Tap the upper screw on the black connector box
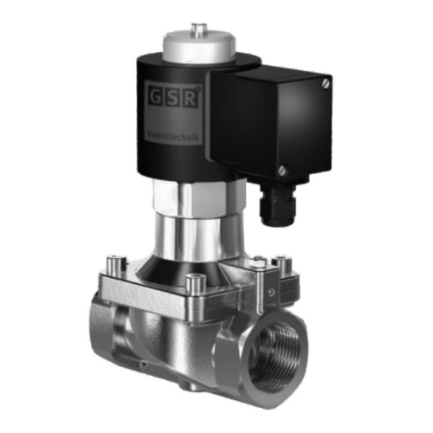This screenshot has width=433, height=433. pos(325,83)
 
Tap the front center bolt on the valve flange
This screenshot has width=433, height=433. pos(197,281)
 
